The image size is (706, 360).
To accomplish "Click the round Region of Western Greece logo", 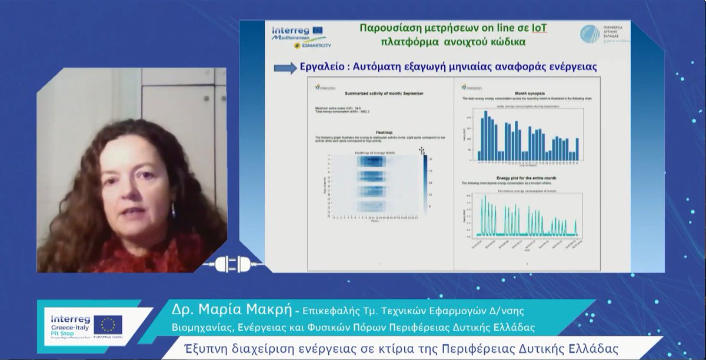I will click(590, 34).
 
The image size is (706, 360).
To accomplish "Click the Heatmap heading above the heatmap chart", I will click(383, 132).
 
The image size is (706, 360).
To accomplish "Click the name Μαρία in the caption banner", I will click(207, 309).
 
